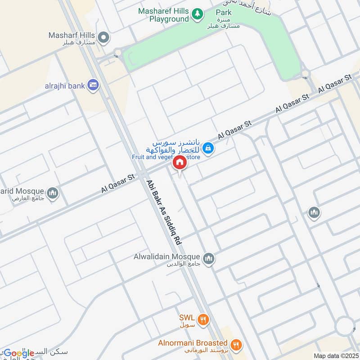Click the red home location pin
(180, 162)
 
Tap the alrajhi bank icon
(94, 85)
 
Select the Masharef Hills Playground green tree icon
(197, 14)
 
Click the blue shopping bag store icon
(208, 147)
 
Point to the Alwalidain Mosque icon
(208, 258)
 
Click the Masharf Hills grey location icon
(104, 38)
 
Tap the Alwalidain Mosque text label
(166, 256)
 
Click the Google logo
(18, 353)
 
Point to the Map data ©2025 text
(335, 355)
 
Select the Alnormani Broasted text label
(193, 343)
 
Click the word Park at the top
(224, 13)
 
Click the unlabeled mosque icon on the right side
(314, 212)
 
